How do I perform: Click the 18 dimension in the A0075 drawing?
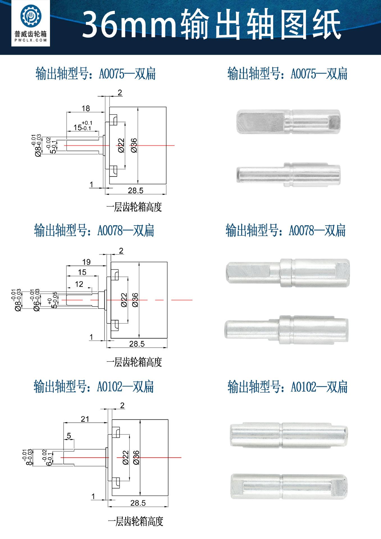click(x=86, y=108)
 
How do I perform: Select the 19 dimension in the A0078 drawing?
click(x=86, y=262)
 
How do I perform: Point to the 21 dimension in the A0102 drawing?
click(x=85, y=419)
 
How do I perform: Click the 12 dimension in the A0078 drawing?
click(x=79, y=284)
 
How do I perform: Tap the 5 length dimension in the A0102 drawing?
click(x=69, y=436)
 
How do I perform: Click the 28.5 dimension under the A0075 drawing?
click(x=136, y=191)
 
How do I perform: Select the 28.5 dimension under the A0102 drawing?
click(x=138, y=503)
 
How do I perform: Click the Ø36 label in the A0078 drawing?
click(x=135, y=300)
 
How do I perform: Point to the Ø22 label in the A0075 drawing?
click(x=121, y=145)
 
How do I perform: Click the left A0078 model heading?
click(x=94, y=231)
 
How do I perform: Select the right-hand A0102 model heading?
click(x=288, y=387)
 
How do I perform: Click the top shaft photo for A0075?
click(x=288, y=122)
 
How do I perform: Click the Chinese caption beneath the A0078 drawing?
click(x=134, y=362)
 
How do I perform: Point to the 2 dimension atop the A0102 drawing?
click(x=122, y=406)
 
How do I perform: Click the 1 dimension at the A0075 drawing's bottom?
click(x=91, y=184)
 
